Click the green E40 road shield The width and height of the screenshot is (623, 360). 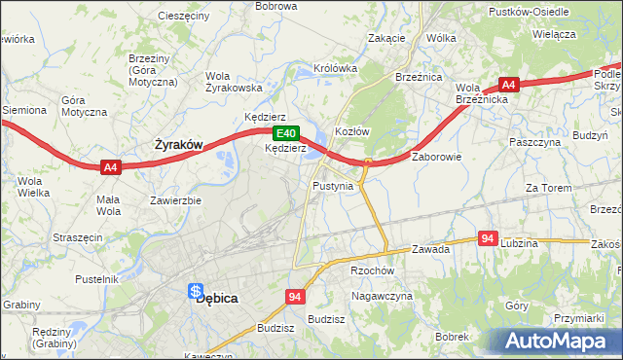pos(284,133)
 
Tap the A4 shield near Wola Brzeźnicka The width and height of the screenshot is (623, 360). pos(509,84)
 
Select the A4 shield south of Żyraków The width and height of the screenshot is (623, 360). pos(111,167)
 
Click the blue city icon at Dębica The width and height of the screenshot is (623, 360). pos(196,291)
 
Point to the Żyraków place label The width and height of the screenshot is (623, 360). pos(179,145)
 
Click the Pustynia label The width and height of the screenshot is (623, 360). pos(333,185)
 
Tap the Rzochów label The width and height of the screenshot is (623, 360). pos(371,271)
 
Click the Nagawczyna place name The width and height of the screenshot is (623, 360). pos(383,295)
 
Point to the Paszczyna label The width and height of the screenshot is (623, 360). pos(535,142)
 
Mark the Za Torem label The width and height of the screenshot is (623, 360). pos(545,188)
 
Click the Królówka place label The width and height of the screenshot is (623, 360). pos(336,69)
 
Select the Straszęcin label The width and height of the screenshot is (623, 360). pos(78,236)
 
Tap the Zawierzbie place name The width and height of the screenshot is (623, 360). pos(175,200)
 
